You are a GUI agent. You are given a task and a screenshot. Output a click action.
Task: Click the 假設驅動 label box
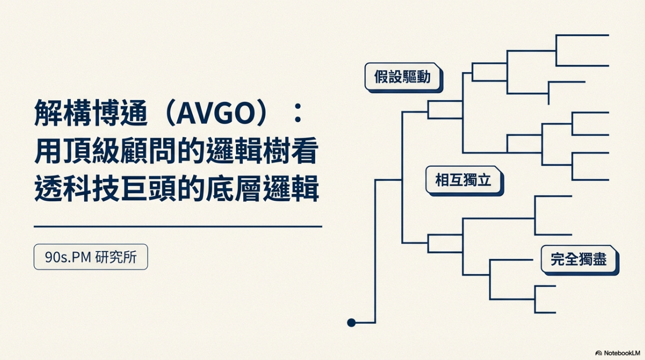coord(404,77)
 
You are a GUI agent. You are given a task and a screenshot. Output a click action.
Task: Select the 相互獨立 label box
coord(464,181)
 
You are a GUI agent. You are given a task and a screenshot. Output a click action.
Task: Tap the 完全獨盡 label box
coord(579,260)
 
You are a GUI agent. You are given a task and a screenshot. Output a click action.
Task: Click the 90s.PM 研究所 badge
coord(91,257)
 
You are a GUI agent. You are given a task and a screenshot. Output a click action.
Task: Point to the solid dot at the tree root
coord(351,322)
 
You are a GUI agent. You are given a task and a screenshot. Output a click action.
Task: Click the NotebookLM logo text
coord(622,353)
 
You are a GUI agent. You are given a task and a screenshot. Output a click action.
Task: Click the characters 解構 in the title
coord(62,113)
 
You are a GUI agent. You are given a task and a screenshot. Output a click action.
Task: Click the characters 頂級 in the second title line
coord(91,151)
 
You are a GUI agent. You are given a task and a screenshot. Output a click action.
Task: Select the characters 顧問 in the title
coord(148,151)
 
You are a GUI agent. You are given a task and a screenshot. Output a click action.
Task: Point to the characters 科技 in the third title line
coord(91,188)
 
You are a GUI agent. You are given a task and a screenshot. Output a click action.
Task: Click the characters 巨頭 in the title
coord(148,188)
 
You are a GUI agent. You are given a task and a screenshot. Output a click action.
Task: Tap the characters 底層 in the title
coord(233,188)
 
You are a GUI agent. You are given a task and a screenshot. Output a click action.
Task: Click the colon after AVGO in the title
coord(298,113)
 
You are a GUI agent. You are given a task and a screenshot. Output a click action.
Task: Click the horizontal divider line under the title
coord(178,226)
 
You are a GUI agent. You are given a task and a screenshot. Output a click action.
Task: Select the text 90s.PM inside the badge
coord(68,257)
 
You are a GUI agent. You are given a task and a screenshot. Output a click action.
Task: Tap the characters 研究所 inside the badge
coord(116,257)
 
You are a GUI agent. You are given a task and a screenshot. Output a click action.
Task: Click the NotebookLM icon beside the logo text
coord(599,353)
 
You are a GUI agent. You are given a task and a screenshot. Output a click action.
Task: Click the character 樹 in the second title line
coord(277,151)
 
